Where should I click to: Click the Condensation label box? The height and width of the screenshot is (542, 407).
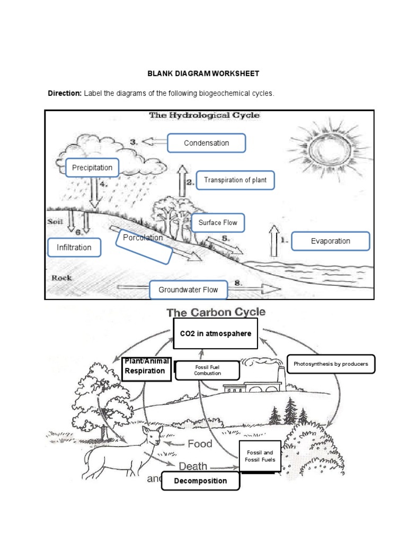pos(206,143)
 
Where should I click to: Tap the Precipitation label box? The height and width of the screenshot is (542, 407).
pos(92,168)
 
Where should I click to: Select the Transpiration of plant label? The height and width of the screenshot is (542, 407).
pos(235,180)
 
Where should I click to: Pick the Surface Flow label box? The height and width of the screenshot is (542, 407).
pos(218,223)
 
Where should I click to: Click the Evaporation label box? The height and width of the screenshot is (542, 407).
pos(330,241)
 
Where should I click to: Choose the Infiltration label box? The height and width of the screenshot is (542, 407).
pos(74,247)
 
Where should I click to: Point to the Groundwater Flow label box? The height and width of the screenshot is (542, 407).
pos(188,290)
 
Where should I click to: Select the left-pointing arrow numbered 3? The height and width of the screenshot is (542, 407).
pos(155,142)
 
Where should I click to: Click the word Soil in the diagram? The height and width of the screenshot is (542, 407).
pos(56,222)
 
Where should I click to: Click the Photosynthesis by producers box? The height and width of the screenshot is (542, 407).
pos(330,364)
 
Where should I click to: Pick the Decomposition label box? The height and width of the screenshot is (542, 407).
pos(200,481)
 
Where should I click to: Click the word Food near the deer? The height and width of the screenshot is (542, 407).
pos(199,444)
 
